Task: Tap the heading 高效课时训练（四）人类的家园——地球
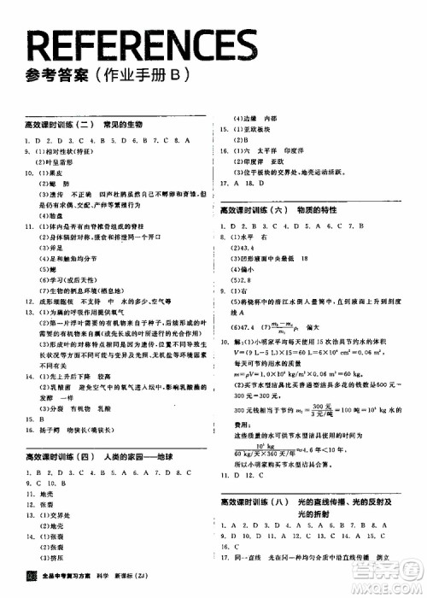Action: tap(93, 457)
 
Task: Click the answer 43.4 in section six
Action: tap(240, 247)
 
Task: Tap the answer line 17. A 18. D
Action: tap(239, 182)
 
